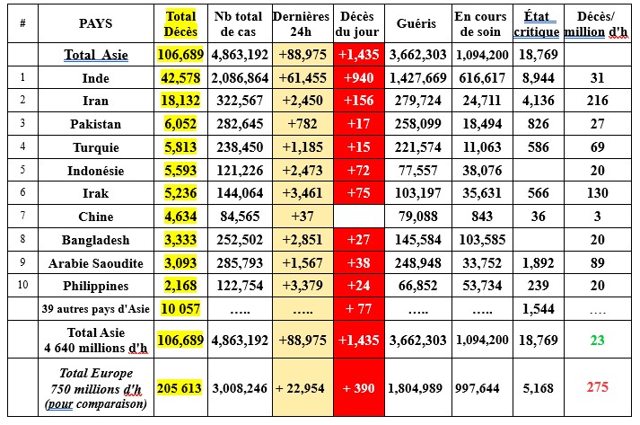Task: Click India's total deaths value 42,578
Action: [182, 78]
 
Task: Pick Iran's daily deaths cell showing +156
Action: [358, 102]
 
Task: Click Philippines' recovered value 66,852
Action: [416, 286]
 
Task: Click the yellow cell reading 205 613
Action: [182, 387]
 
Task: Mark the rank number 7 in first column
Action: [22, 217]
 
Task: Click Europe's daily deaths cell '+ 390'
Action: [358, 387]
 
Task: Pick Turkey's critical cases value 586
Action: [538, 147]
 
